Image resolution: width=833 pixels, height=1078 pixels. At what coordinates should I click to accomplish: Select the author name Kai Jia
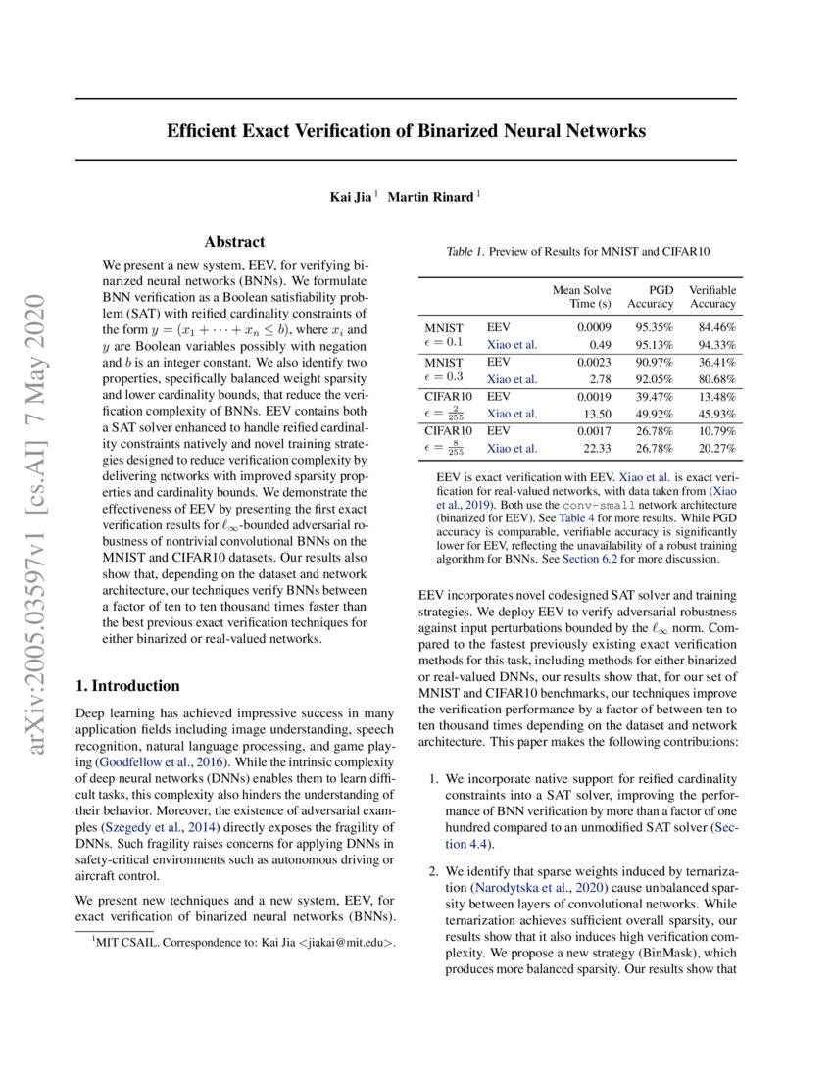coord(351,197)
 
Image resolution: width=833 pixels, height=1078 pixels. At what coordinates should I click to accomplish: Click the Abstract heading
coord(234,242)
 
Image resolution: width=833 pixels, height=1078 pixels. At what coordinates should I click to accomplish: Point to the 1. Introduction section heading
coord(127,686)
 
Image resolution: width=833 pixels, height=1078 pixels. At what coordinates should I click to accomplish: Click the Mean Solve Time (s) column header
coord(581,297)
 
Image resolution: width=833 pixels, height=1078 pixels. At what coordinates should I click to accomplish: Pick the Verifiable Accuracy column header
coord(712,297)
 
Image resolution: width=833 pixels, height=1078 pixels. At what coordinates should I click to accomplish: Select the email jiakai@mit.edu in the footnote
coord(348,943)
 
